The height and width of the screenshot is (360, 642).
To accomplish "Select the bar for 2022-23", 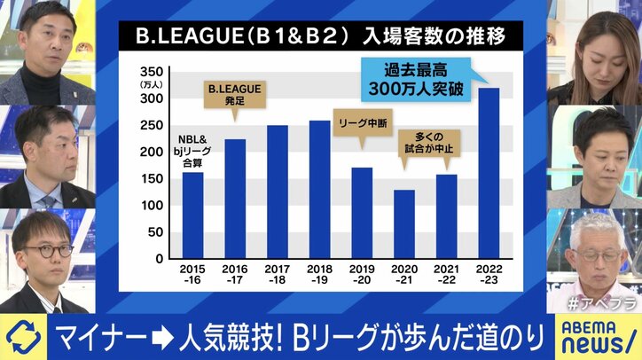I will pyautogui.click(x=488, y=173).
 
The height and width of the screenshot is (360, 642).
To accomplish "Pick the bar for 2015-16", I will pyautogui.click(x=192, y=215).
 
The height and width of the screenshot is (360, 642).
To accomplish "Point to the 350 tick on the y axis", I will pyautogui.click(x=152, y=71).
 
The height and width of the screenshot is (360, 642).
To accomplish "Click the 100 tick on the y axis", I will pyautogui.click(x=152, y=205).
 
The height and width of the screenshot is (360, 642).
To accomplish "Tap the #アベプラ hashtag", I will pyautogui.click(x=607, y=301).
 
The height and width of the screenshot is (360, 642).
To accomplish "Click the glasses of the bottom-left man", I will pyautogui.click(x=46, y=251).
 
